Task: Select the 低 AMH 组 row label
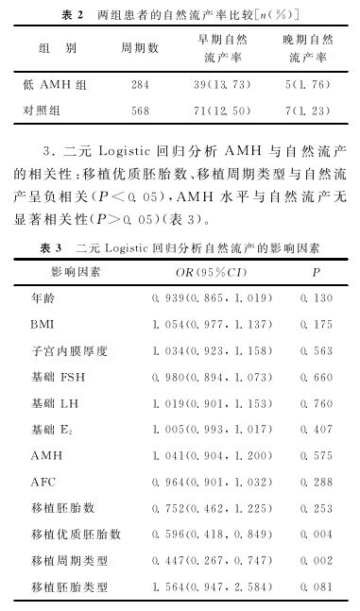pyautogui.click(x=53, y=84)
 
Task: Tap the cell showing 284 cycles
pyautogui.click(x=140, y=84)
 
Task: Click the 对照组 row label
pyautogui.click(x=43, y=110)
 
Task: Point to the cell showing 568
pyautogui.click(x=140, y=110)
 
